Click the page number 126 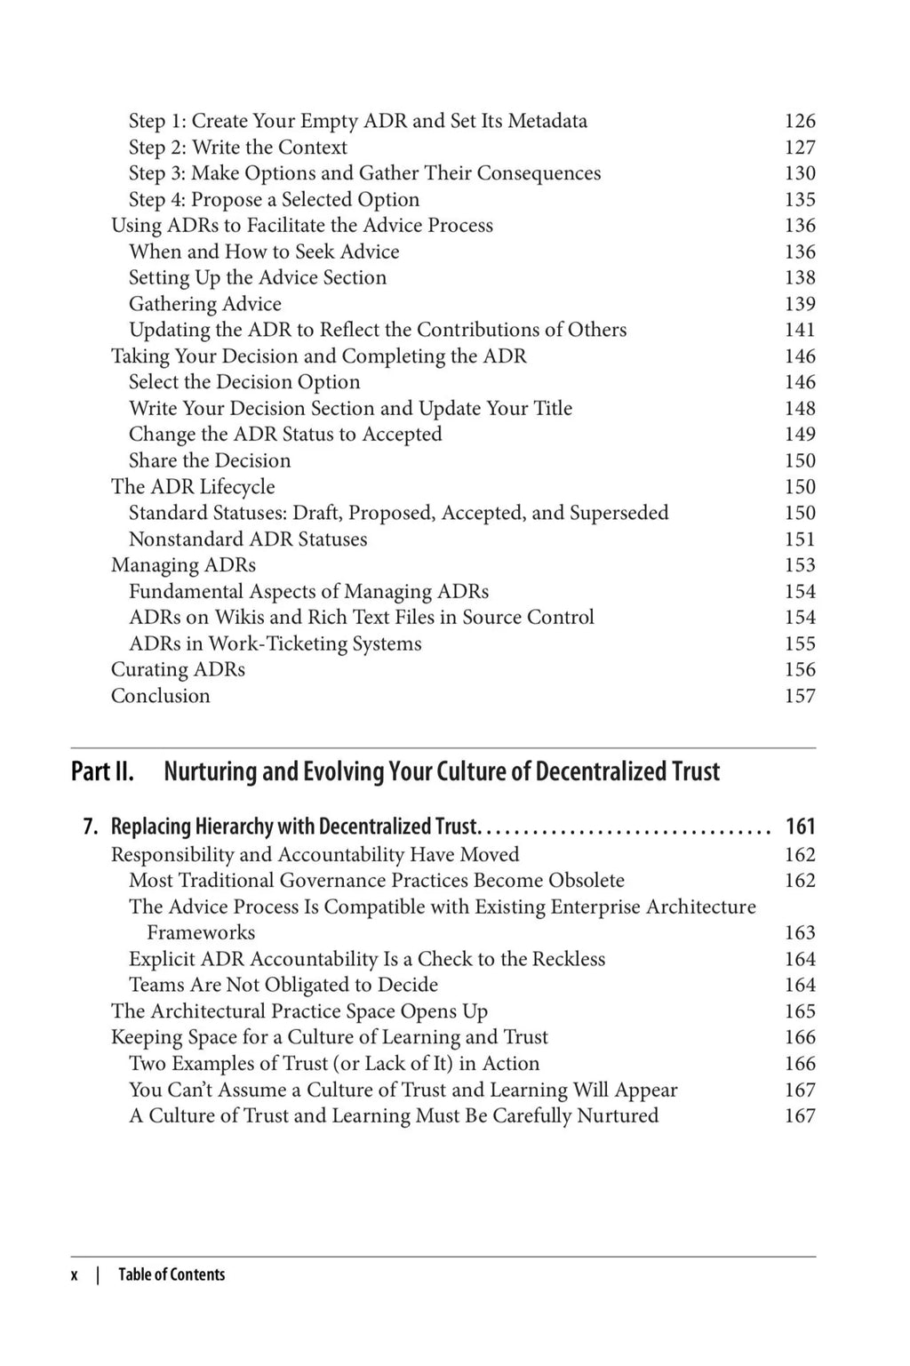click(799, 121)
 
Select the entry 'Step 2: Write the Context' click(237, 148)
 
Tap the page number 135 click(799, 200)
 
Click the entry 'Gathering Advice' click(204, 304)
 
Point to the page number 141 click(799, 330)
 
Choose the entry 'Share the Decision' click(210, 460)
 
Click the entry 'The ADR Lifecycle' click(193, 487)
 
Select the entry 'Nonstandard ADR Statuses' click(247, 539)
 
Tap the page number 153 click(799, 565)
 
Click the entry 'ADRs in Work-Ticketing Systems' click(275, 643)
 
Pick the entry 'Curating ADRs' click(178, 670)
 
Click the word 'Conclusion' click(160, 696)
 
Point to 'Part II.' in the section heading click(102, 771)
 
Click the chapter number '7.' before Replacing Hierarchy click(90, 827)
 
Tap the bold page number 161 click(800, 827)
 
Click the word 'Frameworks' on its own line click(201, 933)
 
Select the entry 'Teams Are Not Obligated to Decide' click(283, 985)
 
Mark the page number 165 click(799, 1011)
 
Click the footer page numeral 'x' click(75, 1274)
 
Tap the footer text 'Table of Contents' click(172, 1274)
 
